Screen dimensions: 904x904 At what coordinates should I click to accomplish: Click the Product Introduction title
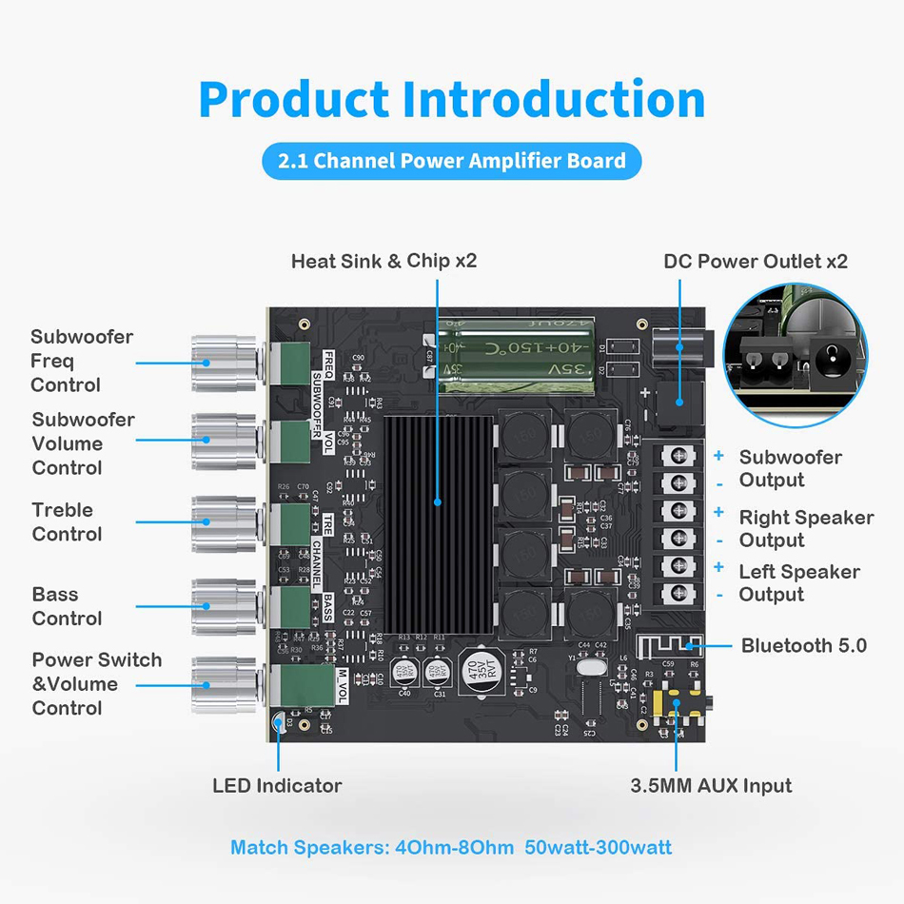[x=452, y=100]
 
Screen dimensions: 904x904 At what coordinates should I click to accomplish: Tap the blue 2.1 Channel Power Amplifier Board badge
[x=452, y=161]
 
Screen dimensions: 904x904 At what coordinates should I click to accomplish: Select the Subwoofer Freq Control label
[x=81, y=361]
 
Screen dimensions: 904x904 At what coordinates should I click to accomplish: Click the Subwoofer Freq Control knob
[x=225, y=362]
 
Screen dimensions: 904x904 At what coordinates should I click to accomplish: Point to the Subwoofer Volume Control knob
[x=225, y=440]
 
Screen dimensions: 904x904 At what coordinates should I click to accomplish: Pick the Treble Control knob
[x=225, y=521]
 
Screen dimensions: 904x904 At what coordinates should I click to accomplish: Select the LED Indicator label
[x=277, y=786]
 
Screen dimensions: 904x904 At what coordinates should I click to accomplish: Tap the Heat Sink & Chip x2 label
[x=383, y=261]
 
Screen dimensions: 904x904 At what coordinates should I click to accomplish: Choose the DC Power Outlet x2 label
[x=756, y=262]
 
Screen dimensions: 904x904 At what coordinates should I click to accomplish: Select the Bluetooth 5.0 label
[x=804, y=646]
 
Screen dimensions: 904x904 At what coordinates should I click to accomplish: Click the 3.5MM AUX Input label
[x=711, y=786]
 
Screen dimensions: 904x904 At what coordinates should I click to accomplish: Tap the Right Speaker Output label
[x=805, y=529]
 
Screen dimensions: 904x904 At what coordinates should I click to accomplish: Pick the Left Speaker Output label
[x=798, y=582]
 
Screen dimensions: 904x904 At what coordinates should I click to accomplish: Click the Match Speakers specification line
[x=451, y=847]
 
